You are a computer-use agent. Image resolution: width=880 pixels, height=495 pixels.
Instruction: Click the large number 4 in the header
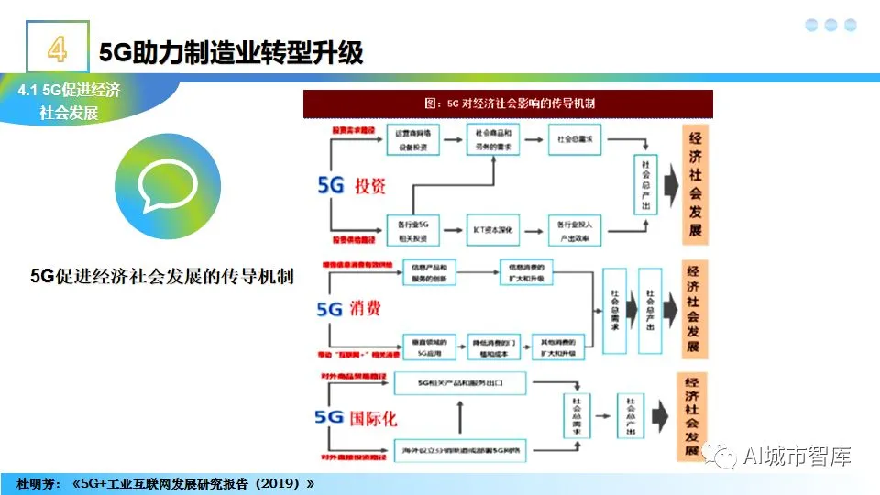(57, 49)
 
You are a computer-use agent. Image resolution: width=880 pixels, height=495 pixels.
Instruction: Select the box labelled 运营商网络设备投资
(414, 139)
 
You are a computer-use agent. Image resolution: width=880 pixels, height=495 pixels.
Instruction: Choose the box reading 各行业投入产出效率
(575, 230)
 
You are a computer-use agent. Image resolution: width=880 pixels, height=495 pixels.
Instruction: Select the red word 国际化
(374, 418)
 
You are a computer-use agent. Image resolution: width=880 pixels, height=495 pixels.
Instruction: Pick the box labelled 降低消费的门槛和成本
(495, 345)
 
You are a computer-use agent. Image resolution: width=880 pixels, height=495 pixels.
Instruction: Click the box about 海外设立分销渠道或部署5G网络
(460, 449)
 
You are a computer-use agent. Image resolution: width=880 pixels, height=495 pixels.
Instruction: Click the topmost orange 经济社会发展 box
(696, 185)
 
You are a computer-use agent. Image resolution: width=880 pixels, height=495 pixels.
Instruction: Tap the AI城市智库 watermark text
(797, 456)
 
